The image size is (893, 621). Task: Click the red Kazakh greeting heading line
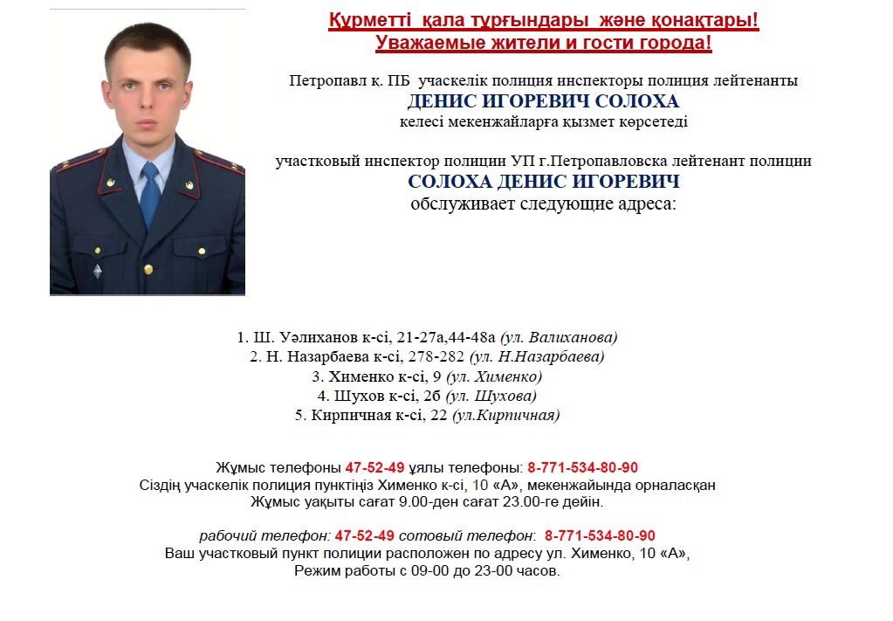(543, 20)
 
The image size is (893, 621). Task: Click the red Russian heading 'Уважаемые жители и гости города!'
(543, 42)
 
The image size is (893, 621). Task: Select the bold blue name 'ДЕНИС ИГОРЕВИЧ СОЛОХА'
(543, 101)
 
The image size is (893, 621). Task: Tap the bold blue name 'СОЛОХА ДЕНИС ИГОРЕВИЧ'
(543, 183)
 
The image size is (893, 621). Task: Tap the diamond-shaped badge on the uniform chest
(98, 271)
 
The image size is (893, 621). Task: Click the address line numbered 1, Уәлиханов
(427, 337)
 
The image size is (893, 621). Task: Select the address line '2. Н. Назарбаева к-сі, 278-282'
(427, 356)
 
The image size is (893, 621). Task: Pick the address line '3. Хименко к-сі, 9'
(427, 376)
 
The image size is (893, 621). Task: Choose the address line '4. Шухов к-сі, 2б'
(427, 396)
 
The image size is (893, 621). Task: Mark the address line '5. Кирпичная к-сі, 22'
(427, 415)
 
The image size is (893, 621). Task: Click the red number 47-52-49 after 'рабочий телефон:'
(365, 535)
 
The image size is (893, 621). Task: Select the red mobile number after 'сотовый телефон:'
(600, 535)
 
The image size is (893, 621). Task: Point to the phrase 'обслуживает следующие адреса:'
(543, 205)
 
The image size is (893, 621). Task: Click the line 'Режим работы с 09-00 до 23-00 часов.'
(427, 571)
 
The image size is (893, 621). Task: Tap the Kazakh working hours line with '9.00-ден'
(427, 502)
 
